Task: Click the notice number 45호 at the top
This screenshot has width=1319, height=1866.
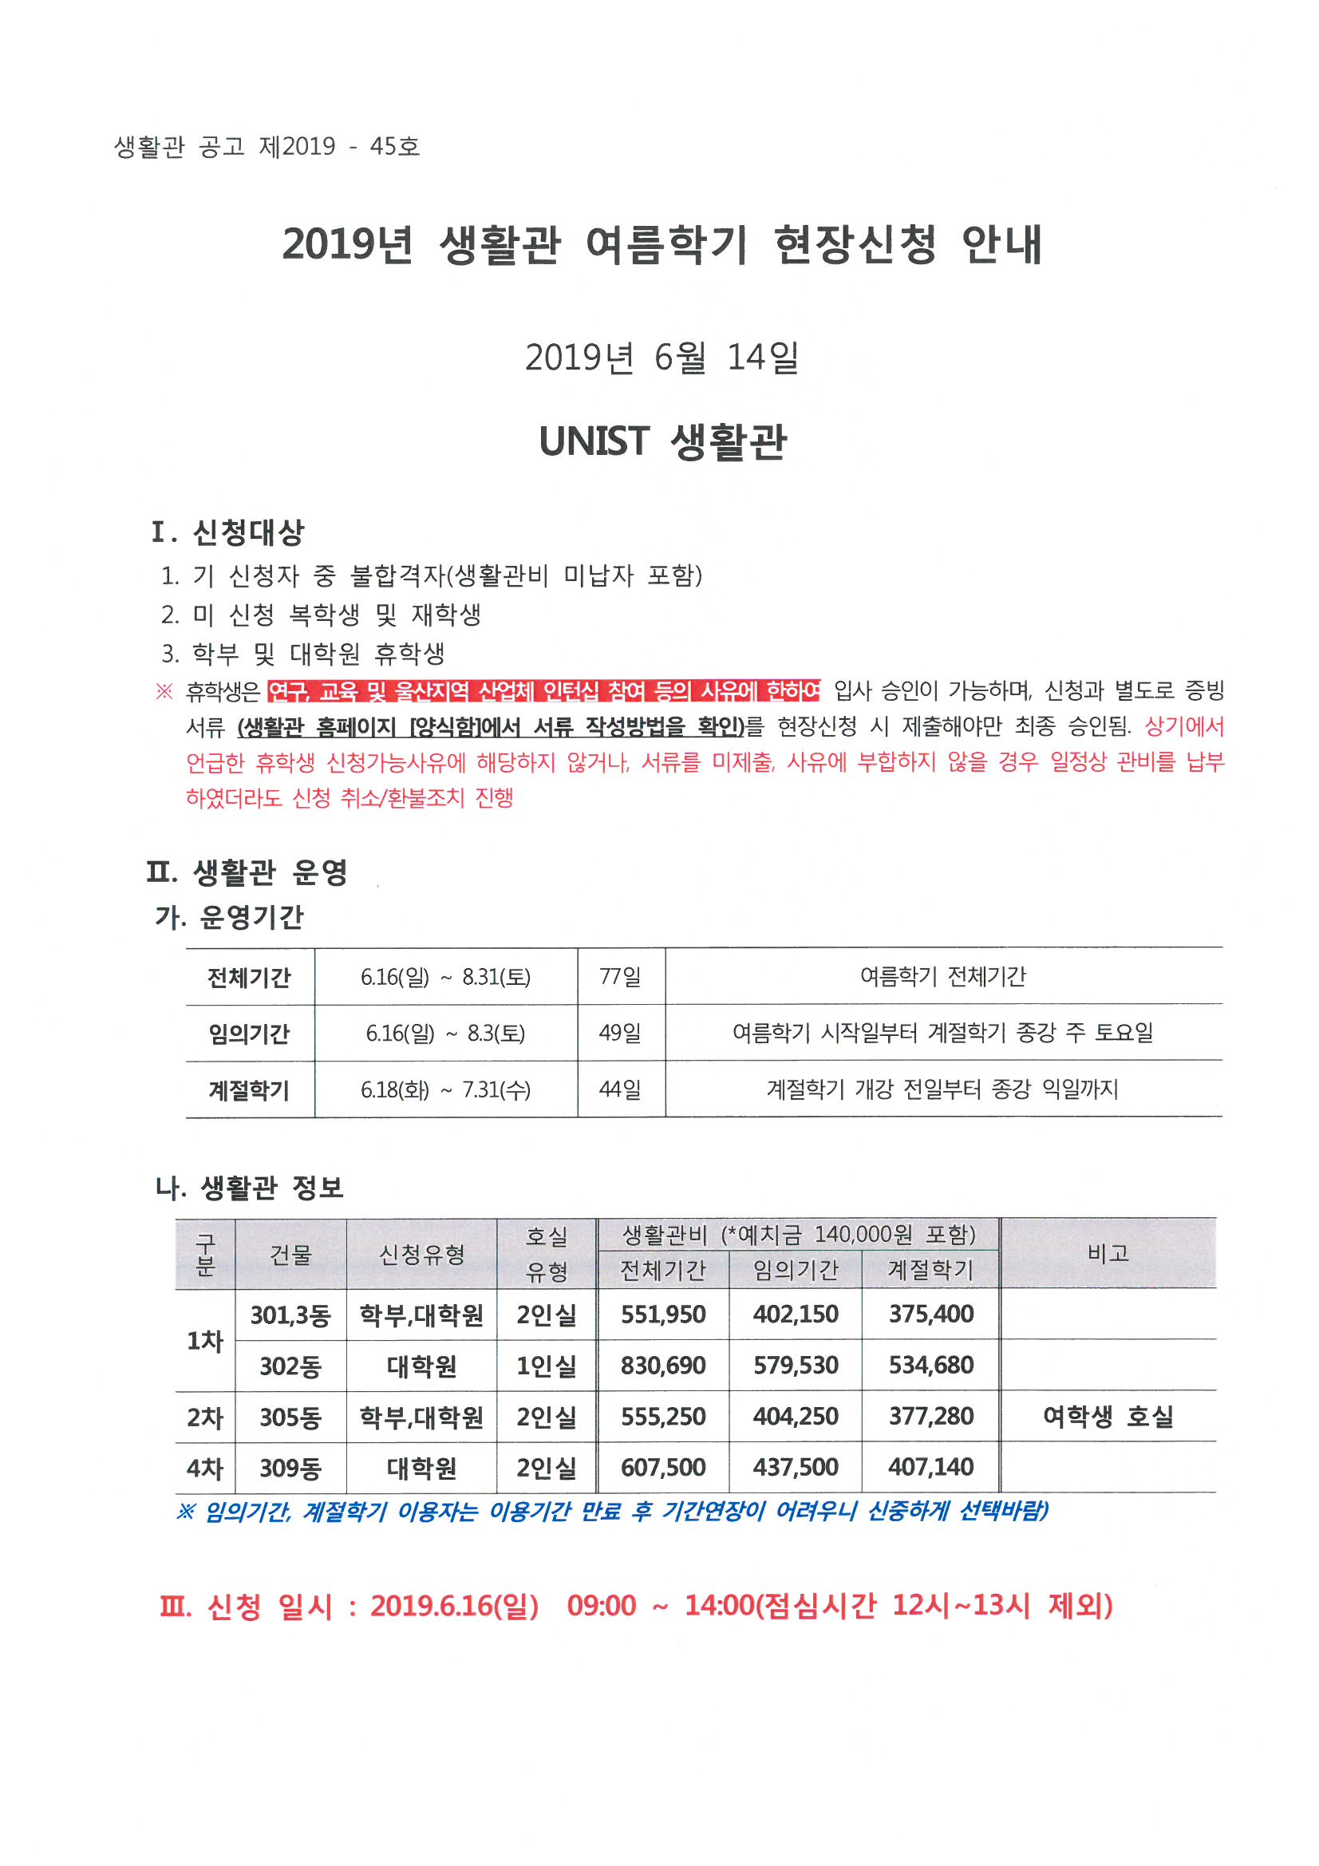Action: (394, 146)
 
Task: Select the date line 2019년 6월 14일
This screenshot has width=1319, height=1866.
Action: (661, 358)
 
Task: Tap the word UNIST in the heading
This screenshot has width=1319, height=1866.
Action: (594, 441)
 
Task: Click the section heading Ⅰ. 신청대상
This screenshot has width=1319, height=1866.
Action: (227, 532)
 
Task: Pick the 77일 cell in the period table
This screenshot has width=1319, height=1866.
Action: (620, 976)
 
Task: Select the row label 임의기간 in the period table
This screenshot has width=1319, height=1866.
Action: (249, 1033)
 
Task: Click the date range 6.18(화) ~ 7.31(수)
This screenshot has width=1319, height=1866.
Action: (445, 1089)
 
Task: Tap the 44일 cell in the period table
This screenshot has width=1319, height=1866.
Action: (620, 1089)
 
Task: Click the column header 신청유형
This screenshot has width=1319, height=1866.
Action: (422, 1255)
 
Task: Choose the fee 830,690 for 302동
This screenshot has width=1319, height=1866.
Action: (663, 1366)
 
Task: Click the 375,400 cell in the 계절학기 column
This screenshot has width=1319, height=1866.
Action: (930, 1315)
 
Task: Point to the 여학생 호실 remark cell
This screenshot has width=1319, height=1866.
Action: (1108, 1417)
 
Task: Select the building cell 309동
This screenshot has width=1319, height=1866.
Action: (290, 1468)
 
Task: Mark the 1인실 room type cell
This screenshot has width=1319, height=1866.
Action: (546, 1366)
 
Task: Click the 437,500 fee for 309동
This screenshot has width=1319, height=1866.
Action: (795, 1468)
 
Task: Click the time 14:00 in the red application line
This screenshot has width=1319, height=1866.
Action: (719, 1606)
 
